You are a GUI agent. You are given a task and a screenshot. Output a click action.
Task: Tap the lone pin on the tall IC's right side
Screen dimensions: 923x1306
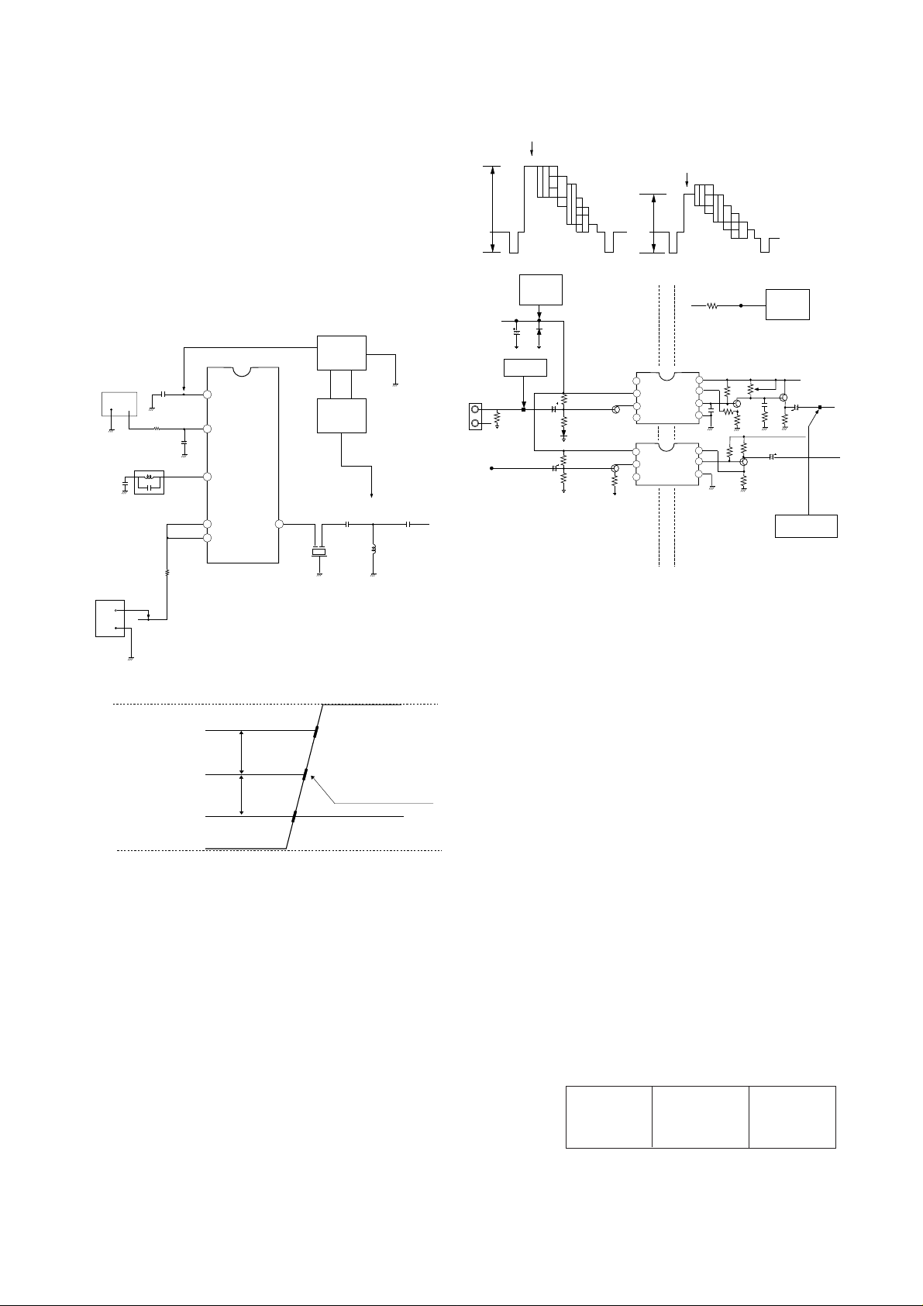tap(278, 525)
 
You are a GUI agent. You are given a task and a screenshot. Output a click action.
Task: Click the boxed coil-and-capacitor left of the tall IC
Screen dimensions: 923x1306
tap(150, 482)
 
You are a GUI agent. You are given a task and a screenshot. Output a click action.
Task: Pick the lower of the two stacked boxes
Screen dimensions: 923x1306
tap(342, 416)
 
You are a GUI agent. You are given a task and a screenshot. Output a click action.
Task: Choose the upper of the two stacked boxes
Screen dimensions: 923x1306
tap(342, 353)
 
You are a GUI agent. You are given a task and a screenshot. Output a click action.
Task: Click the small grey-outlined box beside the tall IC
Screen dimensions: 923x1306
tap(120, 404)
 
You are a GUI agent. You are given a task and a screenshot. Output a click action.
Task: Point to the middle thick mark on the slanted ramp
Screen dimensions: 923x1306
tap(305, 774)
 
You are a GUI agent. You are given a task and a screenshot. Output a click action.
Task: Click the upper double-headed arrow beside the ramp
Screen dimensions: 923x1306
tap(243, 752)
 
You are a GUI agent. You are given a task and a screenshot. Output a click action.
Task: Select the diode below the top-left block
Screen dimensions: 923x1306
tap(539, 331)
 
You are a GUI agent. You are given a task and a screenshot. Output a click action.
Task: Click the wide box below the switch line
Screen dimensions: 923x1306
tap(806, 526)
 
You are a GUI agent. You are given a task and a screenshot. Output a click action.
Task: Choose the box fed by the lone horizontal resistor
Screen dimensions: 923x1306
tap(787, 305)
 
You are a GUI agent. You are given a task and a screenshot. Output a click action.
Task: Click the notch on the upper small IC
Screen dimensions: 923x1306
tap(666, 377)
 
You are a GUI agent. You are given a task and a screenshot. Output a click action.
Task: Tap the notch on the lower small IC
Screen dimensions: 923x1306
tap(666, 446)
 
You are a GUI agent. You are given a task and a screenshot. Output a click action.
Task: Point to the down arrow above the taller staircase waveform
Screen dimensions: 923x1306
tap(532, 147)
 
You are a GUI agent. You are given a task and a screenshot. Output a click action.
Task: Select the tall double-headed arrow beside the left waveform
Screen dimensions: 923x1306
tap(492, 208)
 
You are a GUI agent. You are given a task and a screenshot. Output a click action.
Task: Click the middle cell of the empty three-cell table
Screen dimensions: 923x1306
tap(700, 1116)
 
